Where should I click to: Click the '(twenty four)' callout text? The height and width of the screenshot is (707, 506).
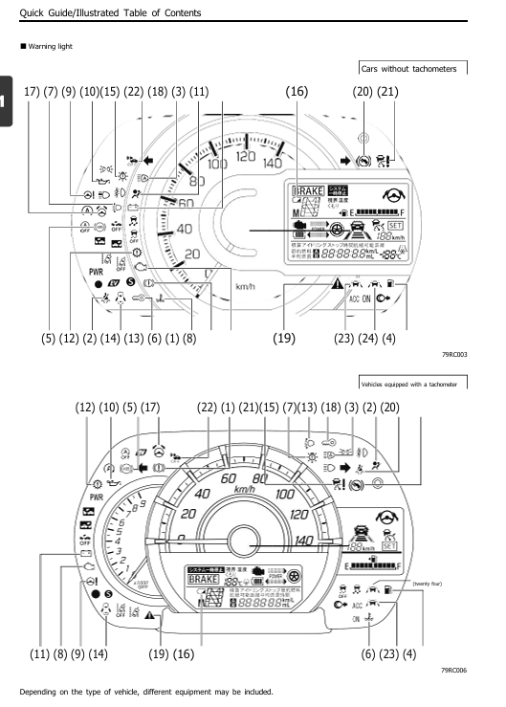click(x=428, y=582)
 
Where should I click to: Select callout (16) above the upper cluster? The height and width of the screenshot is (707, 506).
click(x=297, y=92)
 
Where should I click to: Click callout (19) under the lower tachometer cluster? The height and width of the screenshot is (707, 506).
click(x=162, y=653)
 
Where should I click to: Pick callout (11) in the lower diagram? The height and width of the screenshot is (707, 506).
click(x=40, y=653)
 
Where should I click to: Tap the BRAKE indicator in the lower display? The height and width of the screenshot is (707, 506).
click(x=204, y=579)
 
